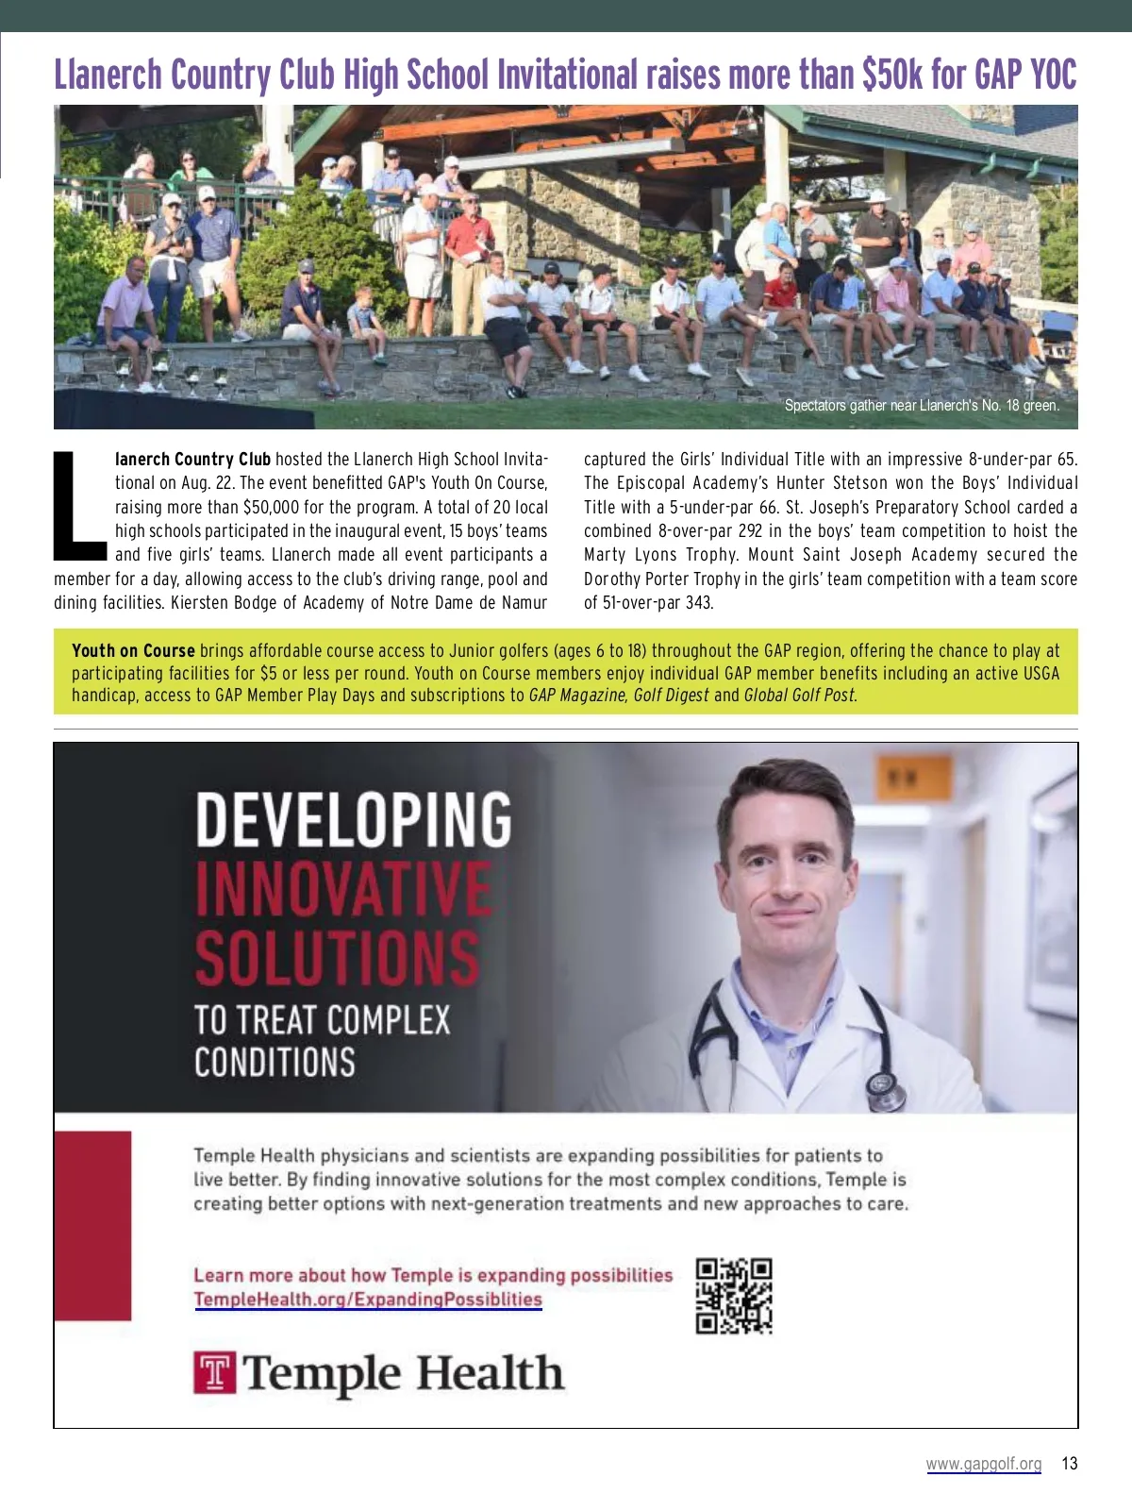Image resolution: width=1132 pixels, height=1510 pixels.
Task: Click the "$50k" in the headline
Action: [x=891, y=74]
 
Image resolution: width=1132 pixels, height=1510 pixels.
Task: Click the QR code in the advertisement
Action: [x=734, y=1296]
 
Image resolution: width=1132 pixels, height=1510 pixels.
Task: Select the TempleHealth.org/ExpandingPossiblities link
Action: [x=368, y=1300]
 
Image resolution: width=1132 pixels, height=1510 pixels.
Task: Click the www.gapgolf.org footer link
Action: [x=983, y=1464]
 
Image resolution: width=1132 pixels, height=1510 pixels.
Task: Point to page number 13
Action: [x=1069, y=1464]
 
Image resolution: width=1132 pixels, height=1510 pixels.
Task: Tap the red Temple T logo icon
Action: [x=214, y=1373]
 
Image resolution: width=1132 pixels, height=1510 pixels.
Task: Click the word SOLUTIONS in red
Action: [x=337, y=957]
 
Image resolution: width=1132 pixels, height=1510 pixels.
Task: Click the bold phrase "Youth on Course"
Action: [x=133, y=651]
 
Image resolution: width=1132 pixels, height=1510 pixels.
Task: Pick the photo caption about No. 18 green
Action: [x=922, y=406]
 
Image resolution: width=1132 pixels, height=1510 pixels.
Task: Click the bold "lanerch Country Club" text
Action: [x=192, y=460]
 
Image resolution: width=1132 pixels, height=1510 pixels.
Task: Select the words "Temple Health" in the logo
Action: [x=404, y=1373]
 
